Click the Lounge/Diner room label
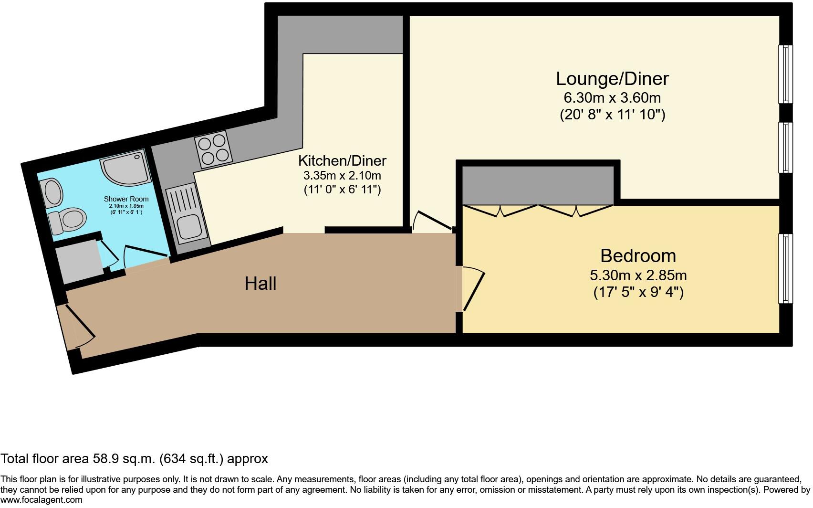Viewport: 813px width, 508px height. (612, 78)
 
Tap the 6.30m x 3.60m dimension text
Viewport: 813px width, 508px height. (612, 98)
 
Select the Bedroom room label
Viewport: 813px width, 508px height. (638, 256)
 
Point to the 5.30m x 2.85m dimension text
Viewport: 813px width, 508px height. (638, 275)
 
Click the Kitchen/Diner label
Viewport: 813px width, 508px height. (342, 160)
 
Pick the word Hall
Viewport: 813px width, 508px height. (261, 284)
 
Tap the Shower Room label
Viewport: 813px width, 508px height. (126, 199)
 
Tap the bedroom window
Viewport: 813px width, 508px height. (785, 268)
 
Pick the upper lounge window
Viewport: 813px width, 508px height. (785, 74)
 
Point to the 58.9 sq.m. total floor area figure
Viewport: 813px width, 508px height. (123, 459)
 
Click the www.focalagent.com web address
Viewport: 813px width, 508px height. (42, 500)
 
